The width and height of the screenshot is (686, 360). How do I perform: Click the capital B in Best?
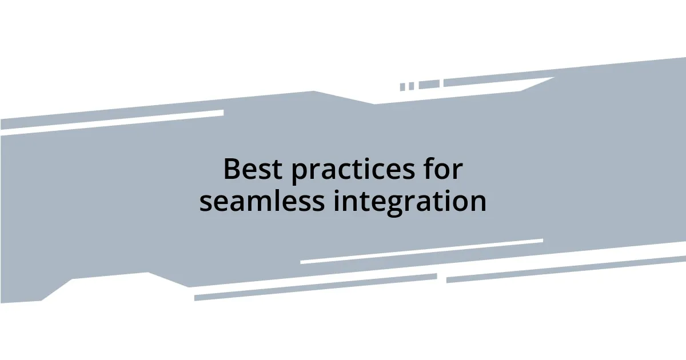tap(232, 170)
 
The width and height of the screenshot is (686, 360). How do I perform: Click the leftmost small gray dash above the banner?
tap(402, 87)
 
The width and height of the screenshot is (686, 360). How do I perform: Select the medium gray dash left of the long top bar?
tap(429, 85)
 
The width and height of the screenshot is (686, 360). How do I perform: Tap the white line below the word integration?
tap(421, 251)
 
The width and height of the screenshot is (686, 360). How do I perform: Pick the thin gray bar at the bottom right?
tap(566, 269)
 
